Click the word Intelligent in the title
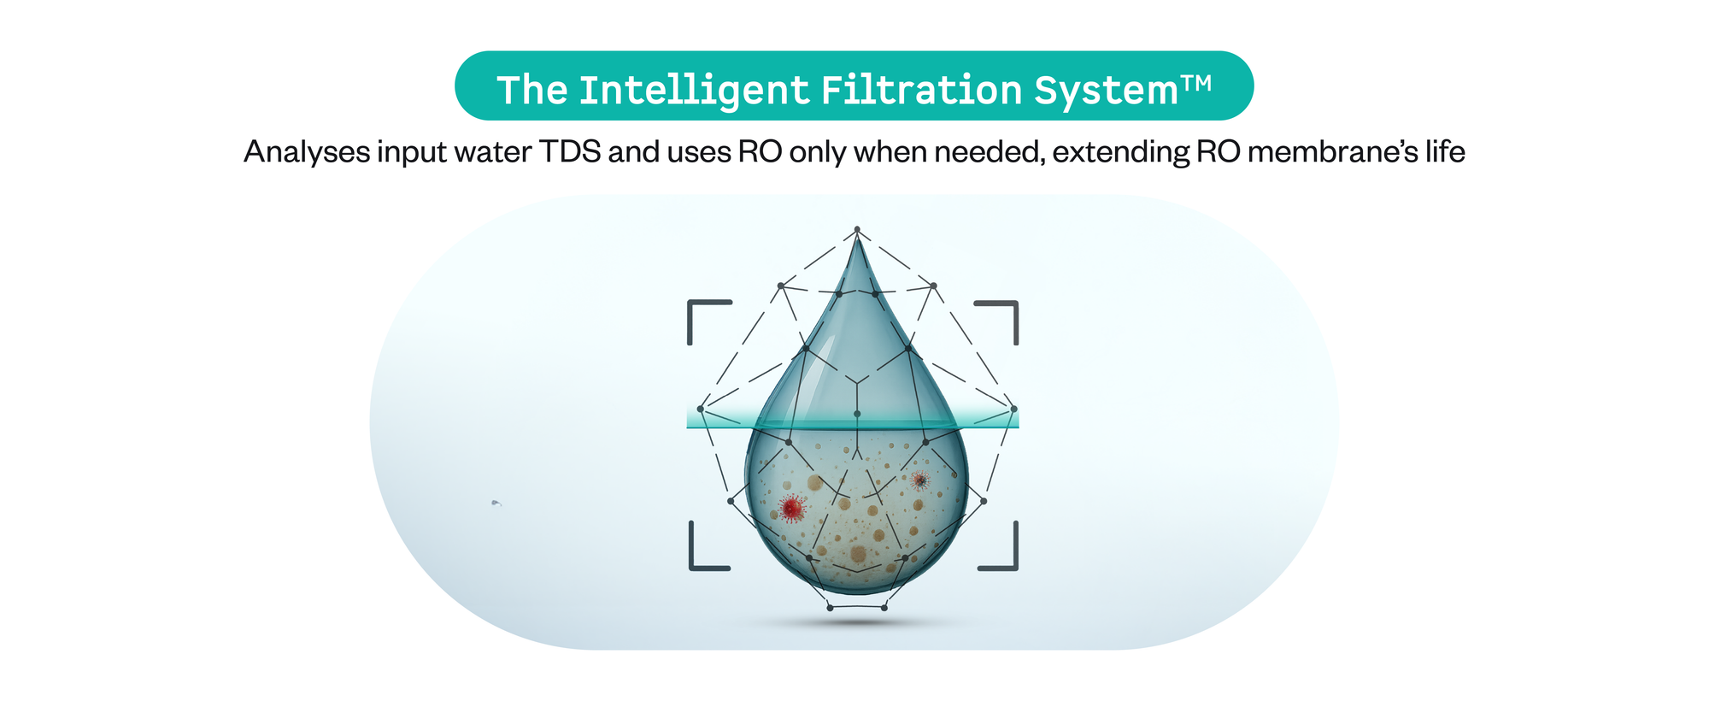pyautogui.click(x=694, y=91)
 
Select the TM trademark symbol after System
pyautogui.click(x=1196, y=83)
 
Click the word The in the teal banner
pyautogui.click(x=532, y=90)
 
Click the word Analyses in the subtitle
pyautogui.click(x=306, y=151)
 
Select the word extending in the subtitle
pyautogui.click(x=1121, y=152)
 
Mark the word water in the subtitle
pyautogui.click(x=492, y=152)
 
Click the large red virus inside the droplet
pyautogui.click(x=792, y=509)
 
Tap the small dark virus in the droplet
pyautogui.click(x=919, y=481)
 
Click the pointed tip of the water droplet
pyautogui.click(x=857, y=234)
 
